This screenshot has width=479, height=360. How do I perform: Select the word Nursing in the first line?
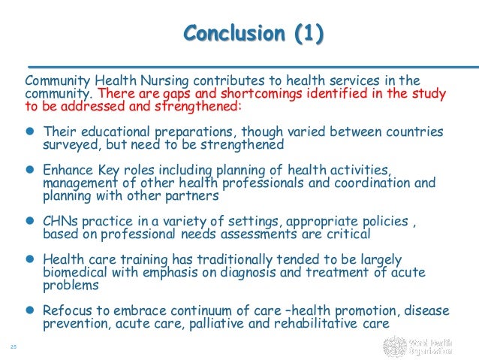tap(163, 80)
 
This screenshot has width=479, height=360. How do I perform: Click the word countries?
tap(413, 131)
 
